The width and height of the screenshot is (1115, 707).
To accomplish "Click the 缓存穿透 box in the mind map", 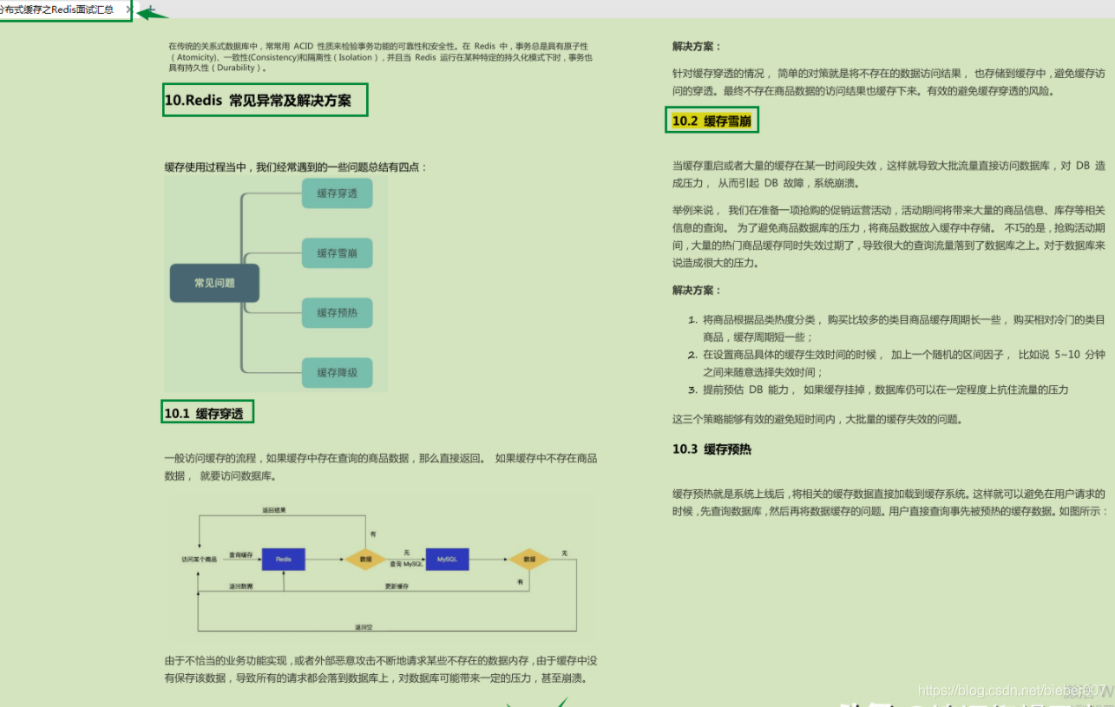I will (x=338, y=193).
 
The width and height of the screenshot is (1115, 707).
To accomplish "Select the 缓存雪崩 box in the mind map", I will (x=338, y=252).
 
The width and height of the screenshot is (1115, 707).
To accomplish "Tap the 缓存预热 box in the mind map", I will (x=338, y=312).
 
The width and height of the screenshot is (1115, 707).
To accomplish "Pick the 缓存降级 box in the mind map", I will (x=338, y=372).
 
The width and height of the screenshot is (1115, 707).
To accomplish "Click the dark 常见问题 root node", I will (x=214, y=283).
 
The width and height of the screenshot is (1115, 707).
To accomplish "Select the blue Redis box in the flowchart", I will (x=284, y=560).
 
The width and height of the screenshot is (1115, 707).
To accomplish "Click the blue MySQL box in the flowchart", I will (x=447, y=560).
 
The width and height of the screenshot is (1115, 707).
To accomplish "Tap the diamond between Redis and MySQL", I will (x=365, y=560).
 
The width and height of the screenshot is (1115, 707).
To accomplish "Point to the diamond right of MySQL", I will (x=528, y=560).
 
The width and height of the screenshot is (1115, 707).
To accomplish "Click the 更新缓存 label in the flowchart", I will (x=397, y=586).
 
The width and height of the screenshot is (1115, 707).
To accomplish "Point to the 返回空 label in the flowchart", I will (x=363, y=625).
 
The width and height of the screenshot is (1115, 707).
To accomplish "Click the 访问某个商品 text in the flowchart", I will (x=199, y=560).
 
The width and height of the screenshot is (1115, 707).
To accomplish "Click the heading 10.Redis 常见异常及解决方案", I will (x=258, y=101).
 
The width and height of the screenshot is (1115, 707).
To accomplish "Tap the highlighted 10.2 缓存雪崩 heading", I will (x=712, y=121).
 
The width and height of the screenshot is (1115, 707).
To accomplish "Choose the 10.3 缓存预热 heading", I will (x=712, y=448).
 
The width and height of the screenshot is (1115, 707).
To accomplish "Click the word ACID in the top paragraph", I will (x=303, y=45).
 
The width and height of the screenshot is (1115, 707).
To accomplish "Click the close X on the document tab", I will (x=129, y=10).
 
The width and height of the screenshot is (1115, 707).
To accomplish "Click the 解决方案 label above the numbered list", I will (x=697, y=290).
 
